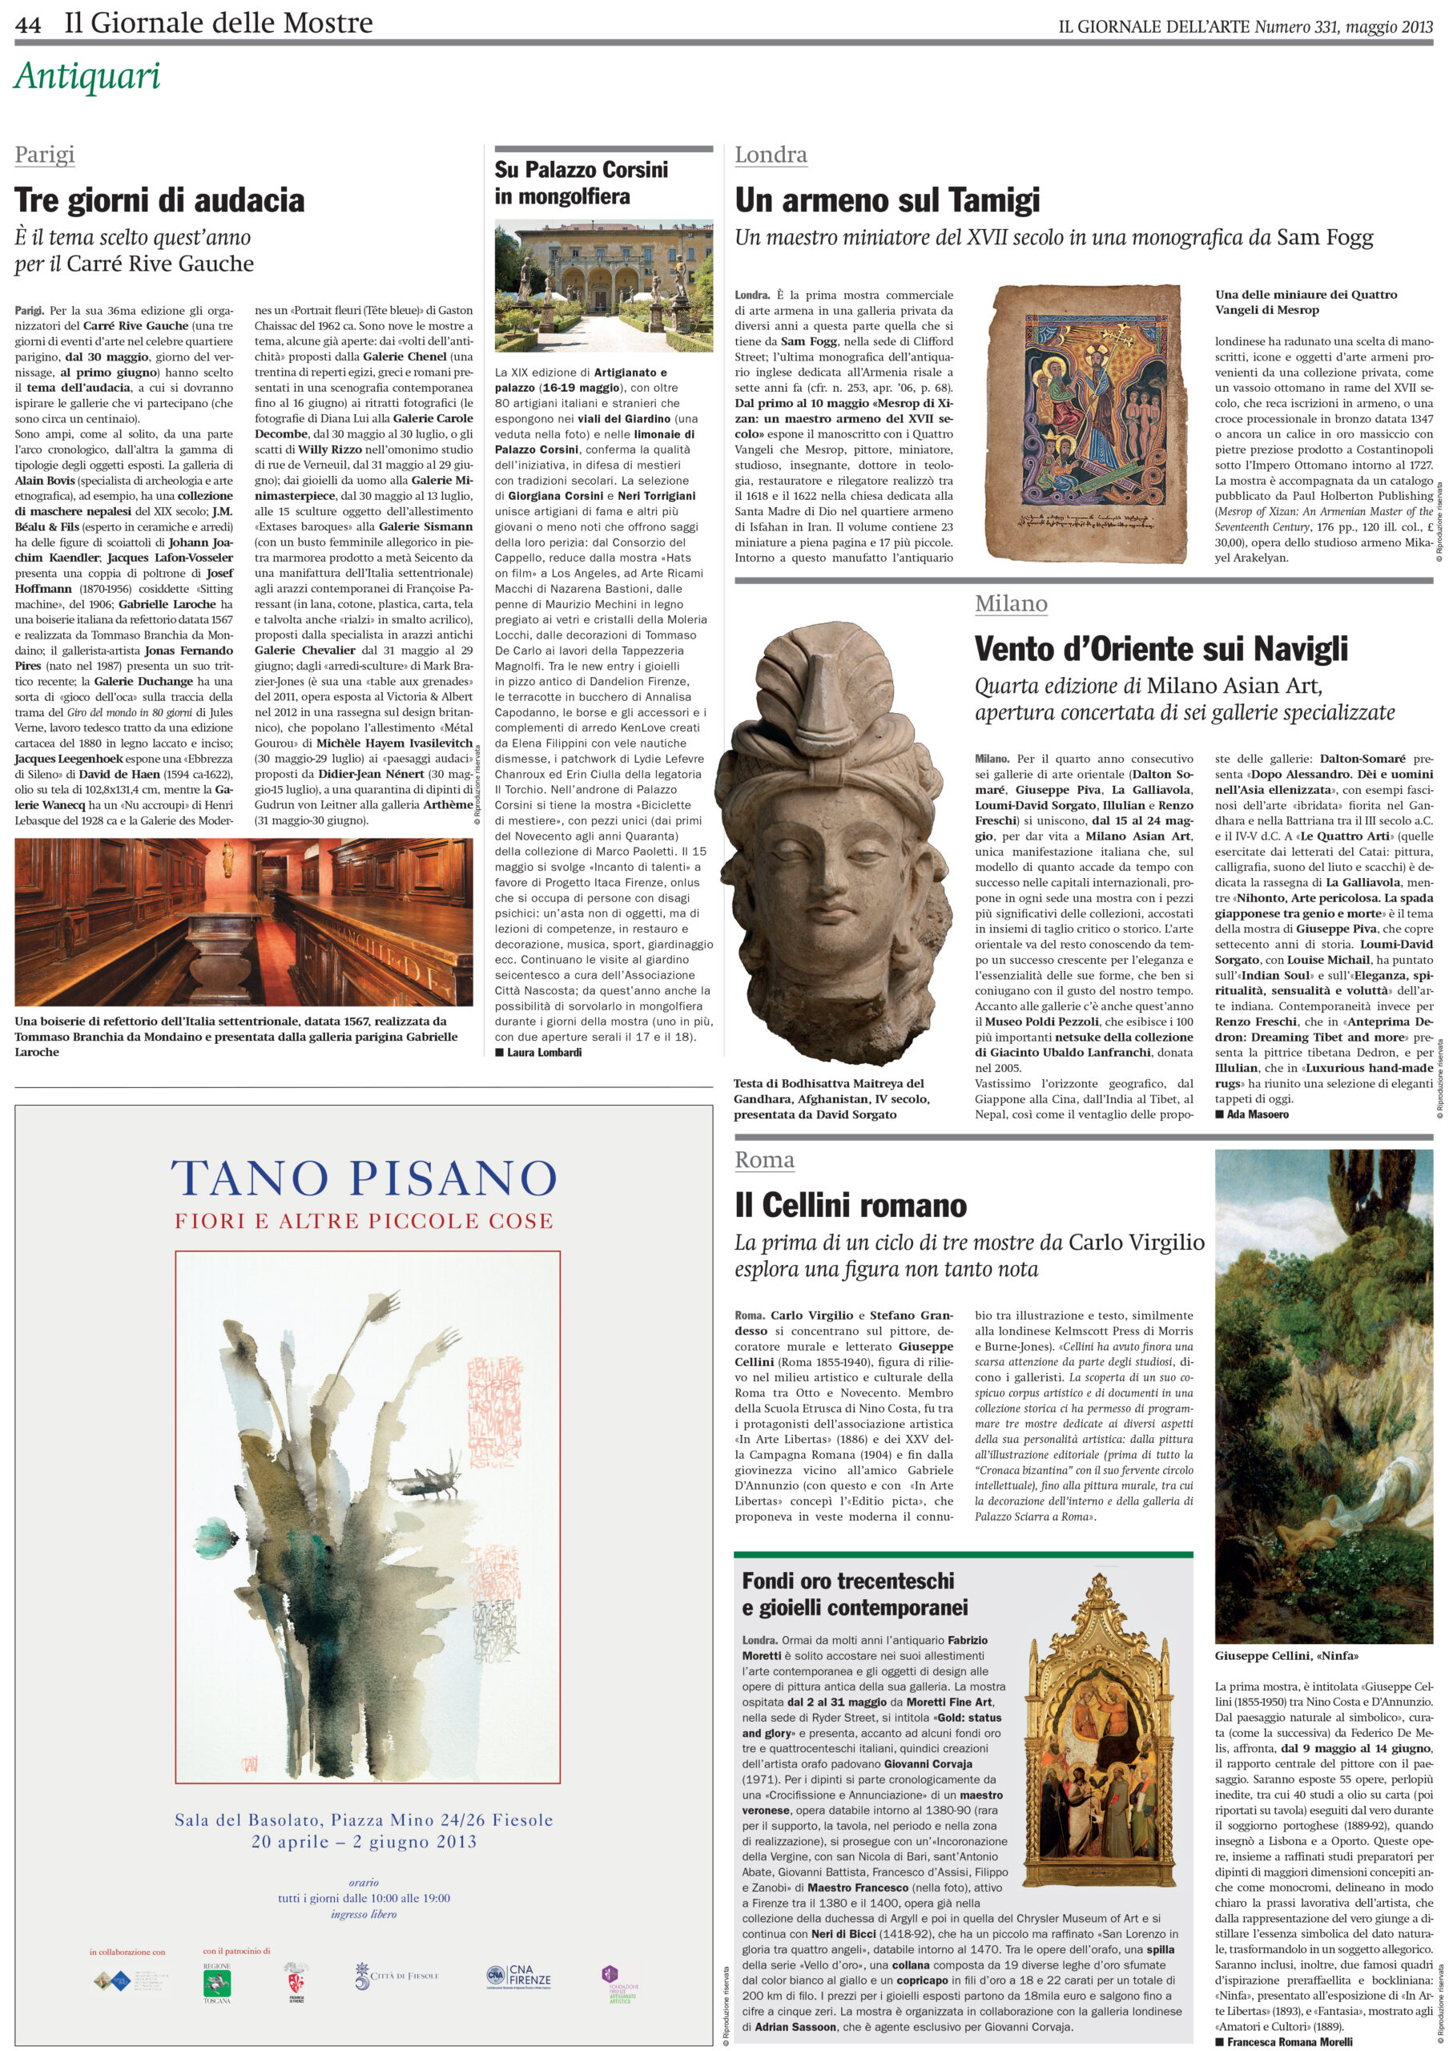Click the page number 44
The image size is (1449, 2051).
pyautogui.click(x=28, y=24)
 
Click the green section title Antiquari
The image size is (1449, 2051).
pyautogui.click(x=87, y=77)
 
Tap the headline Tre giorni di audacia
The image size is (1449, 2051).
pyautogui.click(x=160, y=200)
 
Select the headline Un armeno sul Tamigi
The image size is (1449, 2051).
pyautogui.click(x=887, y=201)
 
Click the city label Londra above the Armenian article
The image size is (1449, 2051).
pyautogui.click(x=770, y=155)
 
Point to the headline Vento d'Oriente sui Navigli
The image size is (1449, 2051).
pyautogui.click(x=1161, y=650)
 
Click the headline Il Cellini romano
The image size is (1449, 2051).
pyautogui.click(x=851, y=1205)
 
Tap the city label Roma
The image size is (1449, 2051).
pyautogui.click(x=764, y=1159)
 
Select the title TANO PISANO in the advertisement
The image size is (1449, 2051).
pyautogui.click(x=364, y=1179)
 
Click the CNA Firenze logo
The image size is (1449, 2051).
pyautogui.click(x=519, y=1975)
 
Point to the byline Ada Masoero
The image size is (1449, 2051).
pyautogui.click(x=1258, y=1114)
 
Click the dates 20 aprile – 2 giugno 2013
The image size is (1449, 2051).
pyautogui.click(x=364, y=1841)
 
